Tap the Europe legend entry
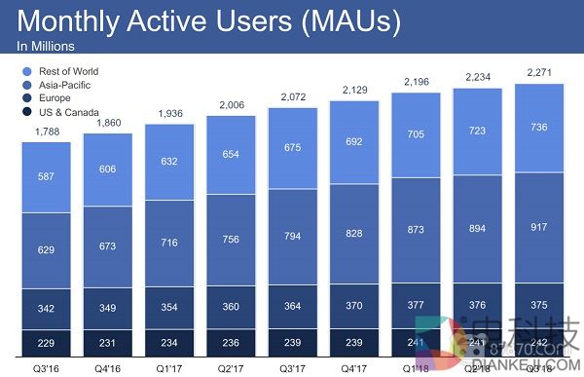click(55, 98)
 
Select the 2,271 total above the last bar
click(540, 73)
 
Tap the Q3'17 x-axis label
click(293, 366)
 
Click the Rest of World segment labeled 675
click(293, 147)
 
